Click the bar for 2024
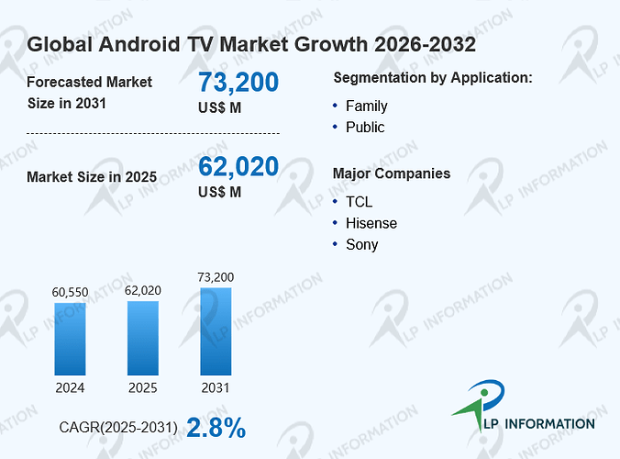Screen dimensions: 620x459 pyautogui.click(x=70, y=339)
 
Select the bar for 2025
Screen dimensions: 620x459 pyautogui.click(x=143, y=339)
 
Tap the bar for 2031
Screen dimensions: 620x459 pyautogui.click(x=216, y=331)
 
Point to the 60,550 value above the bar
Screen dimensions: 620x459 pyautogui.click(x=70, y=293)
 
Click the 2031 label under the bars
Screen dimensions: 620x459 pyautogui.click(x=216, y=387)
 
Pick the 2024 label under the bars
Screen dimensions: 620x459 pyautogui.click(x=70, y=387)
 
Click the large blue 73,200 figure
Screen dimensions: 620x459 pyautogui.click(x=238, y=83)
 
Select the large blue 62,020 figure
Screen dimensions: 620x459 pyautogui.click(x=238, y=166)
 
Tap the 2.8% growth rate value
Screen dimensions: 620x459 pyautogui.click(x=216, y=428)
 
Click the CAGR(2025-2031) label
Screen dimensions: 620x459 pyautogui.click(x=118, y=428)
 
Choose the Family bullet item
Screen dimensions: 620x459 pyautogui.click(x=367, y=106)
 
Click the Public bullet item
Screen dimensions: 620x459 pyautogui.click(x=365, y=128)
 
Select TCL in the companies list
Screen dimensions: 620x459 pyautogui.click(x=359, y=202)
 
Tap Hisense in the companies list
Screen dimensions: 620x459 pyautogui.click(x=371, y=223)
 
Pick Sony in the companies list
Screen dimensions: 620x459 pyautogui.click(x=361, y=244)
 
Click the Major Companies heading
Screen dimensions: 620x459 pyautogui.click(x=392, y=174)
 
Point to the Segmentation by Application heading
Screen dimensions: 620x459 pyautogui.click(x=433, y=78)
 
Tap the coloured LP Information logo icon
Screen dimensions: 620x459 pyautogui.click(x=479, y=405)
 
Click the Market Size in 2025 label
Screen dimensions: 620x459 pyautogui.click(x=92, y=177)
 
